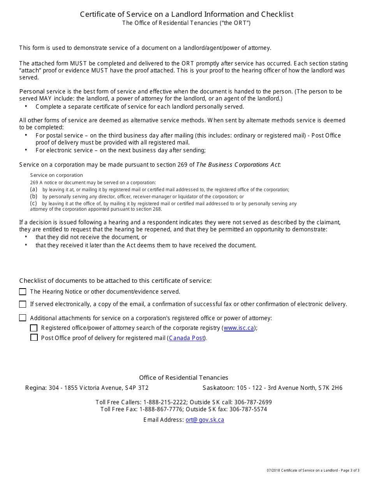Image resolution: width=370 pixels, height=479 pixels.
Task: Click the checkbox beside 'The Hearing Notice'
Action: (23, 292)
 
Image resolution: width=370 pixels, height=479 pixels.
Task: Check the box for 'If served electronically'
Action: (23, 304)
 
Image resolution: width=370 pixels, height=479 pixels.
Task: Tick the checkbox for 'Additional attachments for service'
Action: (23, 318)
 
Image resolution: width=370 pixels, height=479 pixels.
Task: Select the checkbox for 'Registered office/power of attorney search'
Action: (34, 328)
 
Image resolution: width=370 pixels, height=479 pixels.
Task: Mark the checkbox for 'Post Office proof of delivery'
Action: (34, 338)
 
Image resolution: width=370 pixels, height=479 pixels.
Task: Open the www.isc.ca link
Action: (239, 328)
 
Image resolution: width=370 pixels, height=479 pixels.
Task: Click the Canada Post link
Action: (187, 338)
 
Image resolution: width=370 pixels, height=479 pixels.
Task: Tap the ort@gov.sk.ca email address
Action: (204, 420)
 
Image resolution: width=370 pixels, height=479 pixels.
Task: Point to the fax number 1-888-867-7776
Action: (161, 409)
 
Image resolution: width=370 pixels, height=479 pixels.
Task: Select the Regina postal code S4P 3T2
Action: (136, 388)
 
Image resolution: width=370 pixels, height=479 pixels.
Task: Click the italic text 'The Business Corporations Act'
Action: (238, 165)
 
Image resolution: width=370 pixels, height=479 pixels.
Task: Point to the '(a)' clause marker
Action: (34, 189)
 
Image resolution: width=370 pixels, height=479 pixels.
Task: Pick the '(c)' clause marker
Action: (34, 203)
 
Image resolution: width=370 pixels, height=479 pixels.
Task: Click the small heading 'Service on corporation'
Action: (56, 175)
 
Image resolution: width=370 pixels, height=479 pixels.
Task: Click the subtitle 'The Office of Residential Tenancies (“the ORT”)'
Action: (186, 23)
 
